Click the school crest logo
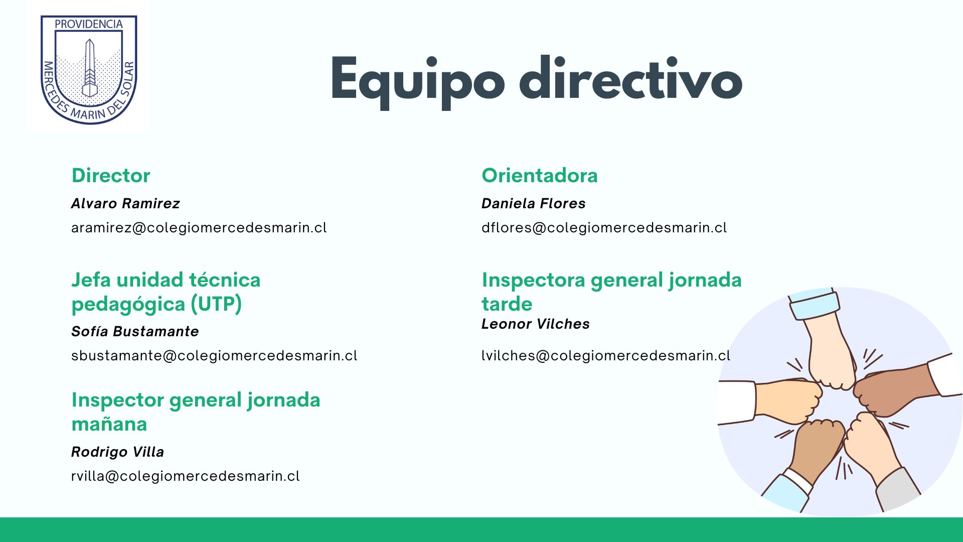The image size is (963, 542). pyautogui.click(x=89, y=69)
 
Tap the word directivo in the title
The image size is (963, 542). pyautogui.click(x=630, y=78)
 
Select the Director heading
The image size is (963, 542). pyautogui.click(x=111, y=175)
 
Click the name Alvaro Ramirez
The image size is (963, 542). pyautogui.click(x=125, y=203)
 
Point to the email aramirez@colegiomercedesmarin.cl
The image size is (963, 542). pyautogui.click(x=199, y=227)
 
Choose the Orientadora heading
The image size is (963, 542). pyautogui.click(x=540, y=175)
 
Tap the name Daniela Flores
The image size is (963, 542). pyautogui.click(x=534, y=203)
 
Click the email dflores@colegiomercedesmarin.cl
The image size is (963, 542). pyautogui.click(x=604, y=227)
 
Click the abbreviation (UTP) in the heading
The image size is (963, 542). pyautogui.click(x=216, y=304)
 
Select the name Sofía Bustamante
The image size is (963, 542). pyautogui.click(x=135, y=331)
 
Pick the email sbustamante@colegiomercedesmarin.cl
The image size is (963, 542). pyautogui.click(x=214, y=355)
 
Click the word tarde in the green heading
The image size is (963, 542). pyautogui.click(x=507, y=304)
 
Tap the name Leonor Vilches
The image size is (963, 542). pyautogui.click(x=536, y=324)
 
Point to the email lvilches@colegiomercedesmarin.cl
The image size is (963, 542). pyautogui.click(x=606, y=355)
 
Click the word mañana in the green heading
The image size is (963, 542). pyautogui.click(x=109, y=424)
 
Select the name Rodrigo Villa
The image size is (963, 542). pyautogui.click(x=117, y=452)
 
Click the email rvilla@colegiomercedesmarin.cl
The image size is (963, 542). pyautogui.click(x=186, y=476)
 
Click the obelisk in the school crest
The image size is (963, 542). pyautogui.click(x=89, y=68)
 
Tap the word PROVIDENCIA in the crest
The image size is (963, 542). pyautogui.click(x=89, y=24)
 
